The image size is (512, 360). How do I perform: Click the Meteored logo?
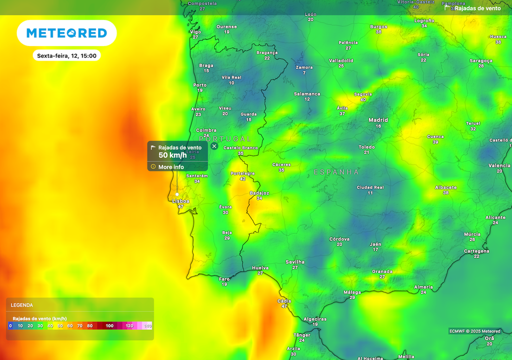(x=66, y=33)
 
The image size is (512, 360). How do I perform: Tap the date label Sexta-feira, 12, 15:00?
(x=66, y=55)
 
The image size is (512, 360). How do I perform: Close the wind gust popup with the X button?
(x=214, y=146)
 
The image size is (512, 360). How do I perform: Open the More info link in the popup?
(x=171, y=167)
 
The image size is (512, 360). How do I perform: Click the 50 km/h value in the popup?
(x=172, y=155)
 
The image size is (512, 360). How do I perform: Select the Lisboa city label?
(x=180, y=201)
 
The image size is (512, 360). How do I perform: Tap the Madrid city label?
(x=378, y=120)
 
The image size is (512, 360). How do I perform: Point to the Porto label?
(x=199, y=85)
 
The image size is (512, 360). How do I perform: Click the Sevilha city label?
(x=294, y=262)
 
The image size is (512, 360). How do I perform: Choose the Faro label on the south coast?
(x=224, y=279)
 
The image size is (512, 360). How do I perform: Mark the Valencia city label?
(x=499, y=165)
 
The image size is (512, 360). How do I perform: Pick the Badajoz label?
(x=259, y=193)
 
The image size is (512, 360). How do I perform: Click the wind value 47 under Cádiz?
(x=284, y=306)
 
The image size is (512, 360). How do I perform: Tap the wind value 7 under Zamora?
(x=304, y=73)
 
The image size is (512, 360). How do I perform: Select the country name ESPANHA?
(x=336, y=172)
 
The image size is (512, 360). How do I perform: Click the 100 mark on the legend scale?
(x=109, y=326)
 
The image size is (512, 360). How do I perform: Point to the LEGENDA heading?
(x=22, y=305)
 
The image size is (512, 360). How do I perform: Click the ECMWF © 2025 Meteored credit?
(x=474, y=331)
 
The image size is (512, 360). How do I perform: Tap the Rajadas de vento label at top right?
(x=477, y=8)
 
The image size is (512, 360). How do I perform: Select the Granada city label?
(x=382, y=271)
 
